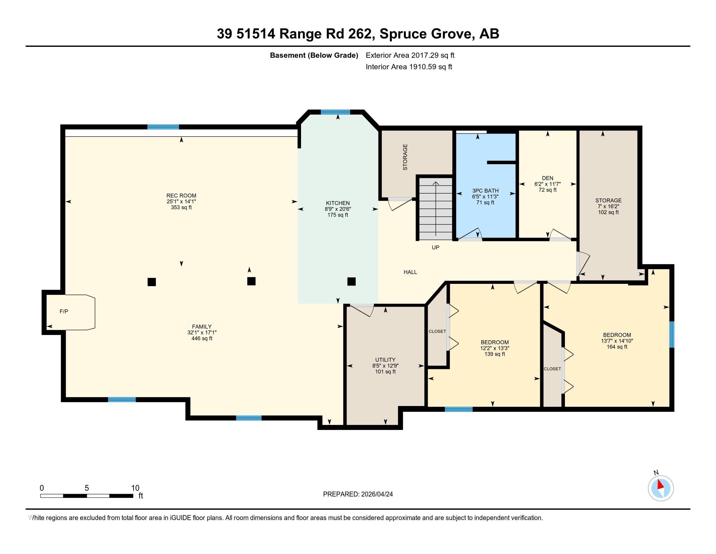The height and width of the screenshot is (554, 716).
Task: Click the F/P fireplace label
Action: click(x=64, y=312)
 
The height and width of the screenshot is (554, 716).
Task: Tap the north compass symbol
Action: click(x=661, y=488)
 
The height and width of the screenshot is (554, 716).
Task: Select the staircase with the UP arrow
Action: click(x=436, y=209)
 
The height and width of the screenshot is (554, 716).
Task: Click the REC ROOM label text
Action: click(x=181, y=196)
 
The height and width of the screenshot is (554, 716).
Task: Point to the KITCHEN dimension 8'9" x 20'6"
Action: click(x=338, y=209)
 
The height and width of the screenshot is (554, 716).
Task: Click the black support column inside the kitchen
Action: click(x=351, y=282)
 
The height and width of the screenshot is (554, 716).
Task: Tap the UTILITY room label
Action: click(x=385, y=360)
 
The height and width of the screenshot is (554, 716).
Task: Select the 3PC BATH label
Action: click(x=485, y=191)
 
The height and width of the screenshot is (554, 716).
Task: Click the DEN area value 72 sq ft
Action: click(x=547, y=190)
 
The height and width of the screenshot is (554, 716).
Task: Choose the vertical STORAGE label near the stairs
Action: click(x=405, y=157)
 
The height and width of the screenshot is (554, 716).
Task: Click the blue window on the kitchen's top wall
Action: click(x=335, y=112)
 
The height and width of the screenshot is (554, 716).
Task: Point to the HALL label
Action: click(x=410, y=272)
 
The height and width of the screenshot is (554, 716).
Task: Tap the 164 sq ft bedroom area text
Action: click(x=617, y=347)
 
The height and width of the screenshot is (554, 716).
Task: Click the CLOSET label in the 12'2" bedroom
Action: click(x=437, y=331)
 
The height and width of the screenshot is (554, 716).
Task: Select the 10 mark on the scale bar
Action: click(x=135, y=488)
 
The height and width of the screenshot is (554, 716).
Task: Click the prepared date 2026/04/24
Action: click(x=376, y=494)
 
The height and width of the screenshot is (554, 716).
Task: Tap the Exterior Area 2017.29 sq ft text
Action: click(x=410, y=55)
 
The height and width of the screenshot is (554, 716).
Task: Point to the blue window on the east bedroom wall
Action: click(x=671, y=334)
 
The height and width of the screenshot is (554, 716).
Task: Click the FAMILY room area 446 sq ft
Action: click(x=202, y=338)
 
